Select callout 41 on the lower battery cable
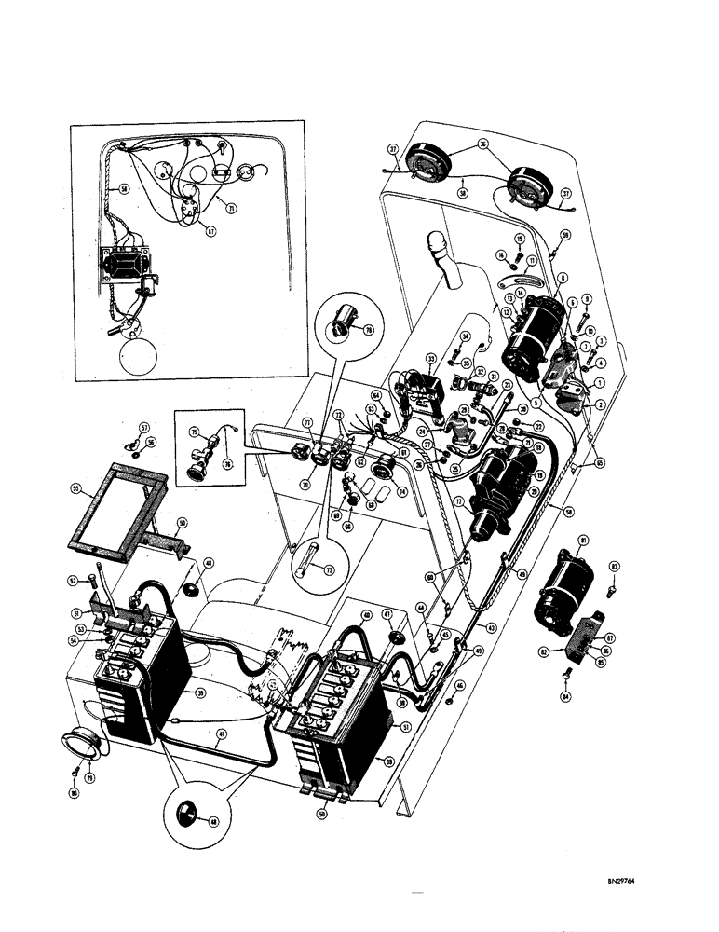(219, 733)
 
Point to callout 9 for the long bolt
(585, 298)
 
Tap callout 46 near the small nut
(459, 685)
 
